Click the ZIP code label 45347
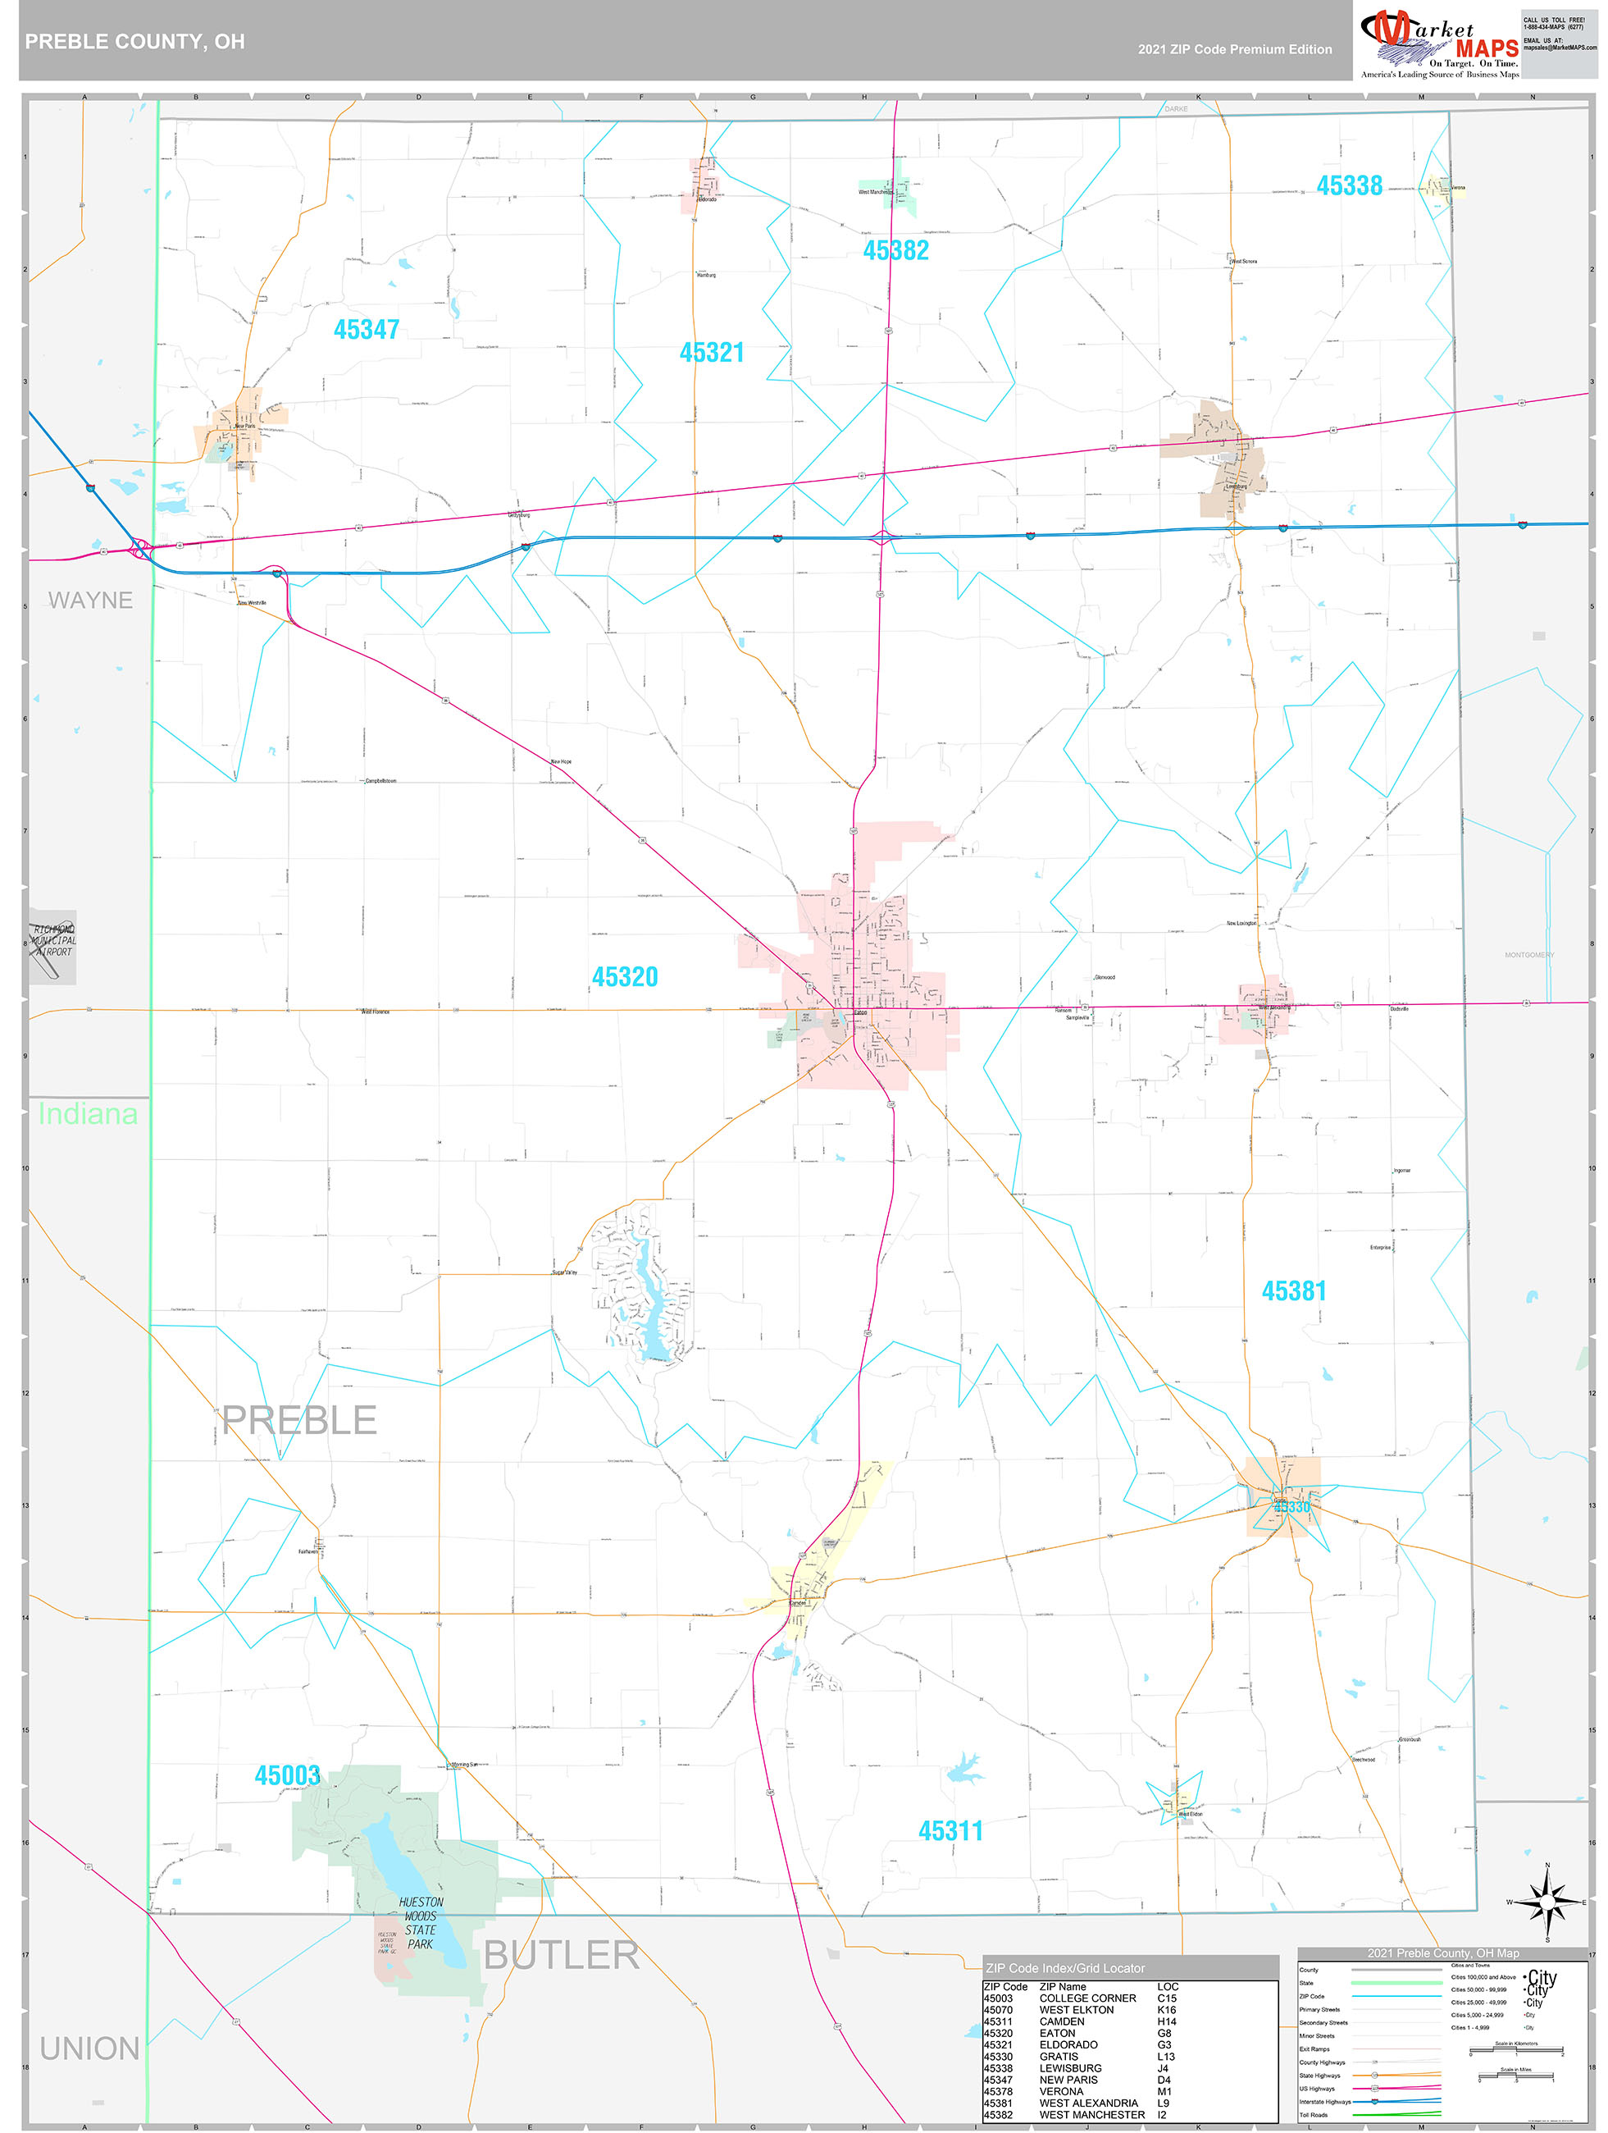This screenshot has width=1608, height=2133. point(367,330)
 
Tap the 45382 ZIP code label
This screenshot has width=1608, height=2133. point(895,251)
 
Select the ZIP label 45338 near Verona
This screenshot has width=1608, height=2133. point(1349,186)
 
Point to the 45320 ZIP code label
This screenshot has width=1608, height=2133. point(625,977)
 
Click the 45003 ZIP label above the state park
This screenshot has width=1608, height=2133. point(287,1775)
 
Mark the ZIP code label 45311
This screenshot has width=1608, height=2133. point(950,1831)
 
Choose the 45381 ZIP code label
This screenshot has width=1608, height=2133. point(1294,1290)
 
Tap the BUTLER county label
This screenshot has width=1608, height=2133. point(561,1956)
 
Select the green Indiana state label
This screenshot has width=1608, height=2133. point(88,1114)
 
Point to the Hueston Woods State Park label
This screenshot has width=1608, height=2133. point(421,1923)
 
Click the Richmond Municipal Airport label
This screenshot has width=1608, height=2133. point(54,940)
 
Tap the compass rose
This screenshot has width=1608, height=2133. point(1547,1902)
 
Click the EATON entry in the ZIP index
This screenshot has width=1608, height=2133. point(1057,2033)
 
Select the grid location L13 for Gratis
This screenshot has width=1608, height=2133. point(1165,2056)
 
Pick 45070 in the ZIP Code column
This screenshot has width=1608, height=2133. point(998,2010)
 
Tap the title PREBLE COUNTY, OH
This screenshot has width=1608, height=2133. point(135,42)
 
